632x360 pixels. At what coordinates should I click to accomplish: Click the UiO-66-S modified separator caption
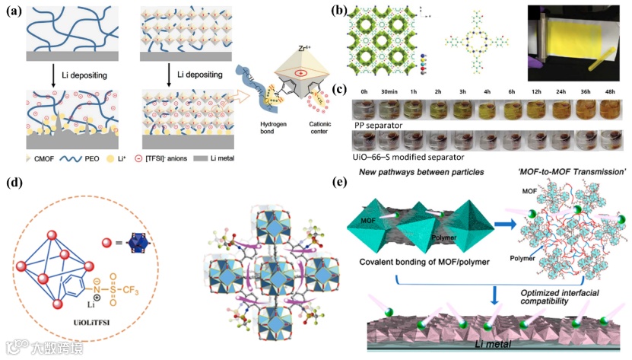406,156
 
